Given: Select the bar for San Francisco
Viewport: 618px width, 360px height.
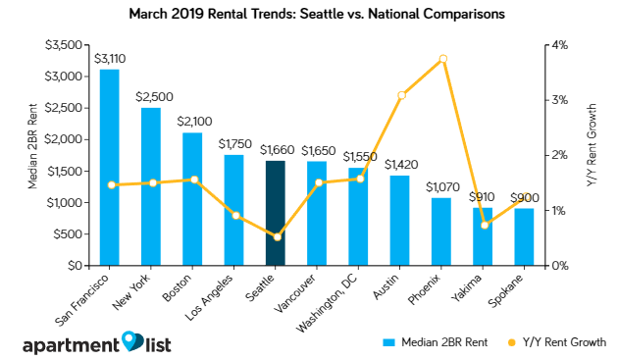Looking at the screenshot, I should pyautogui.click(x=110, y=167).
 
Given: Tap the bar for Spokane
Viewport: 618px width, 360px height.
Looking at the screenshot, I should pyautogui.click(x=525, y=236).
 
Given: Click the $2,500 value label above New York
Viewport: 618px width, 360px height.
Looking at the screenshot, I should pyautogui.click(x=150, y=98).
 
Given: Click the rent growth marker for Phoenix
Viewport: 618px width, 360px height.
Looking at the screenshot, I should pyautogui.click(x=443, y=59).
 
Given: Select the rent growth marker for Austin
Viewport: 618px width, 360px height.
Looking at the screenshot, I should pyautogui.click(x=401, y=95).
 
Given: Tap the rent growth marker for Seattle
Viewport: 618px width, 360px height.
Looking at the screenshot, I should pyautogui.click(x=277, y=236).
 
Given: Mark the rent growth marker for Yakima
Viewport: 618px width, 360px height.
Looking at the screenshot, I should pyautogui.click(x=485, y=225).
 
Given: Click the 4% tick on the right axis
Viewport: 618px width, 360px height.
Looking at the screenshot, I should pyautogui.click(x=557, y=45).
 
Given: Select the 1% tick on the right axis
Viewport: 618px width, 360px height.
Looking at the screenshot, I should pyautogui.click(x=557, y=211).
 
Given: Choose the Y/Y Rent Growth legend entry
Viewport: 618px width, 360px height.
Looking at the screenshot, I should pyautogui.click(x=555, y=342).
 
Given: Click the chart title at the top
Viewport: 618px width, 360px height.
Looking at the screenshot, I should pyautogui.click(x=309, y=15).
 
